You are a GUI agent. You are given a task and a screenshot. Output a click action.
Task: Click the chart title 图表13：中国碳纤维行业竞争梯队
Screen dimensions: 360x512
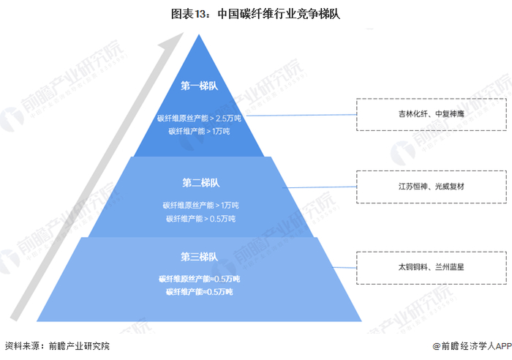point(255,13)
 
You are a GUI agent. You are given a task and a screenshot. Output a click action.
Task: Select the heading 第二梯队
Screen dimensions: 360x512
point(200,182)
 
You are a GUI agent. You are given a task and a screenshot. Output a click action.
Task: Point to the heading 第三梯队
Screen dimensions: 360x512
point(200,256)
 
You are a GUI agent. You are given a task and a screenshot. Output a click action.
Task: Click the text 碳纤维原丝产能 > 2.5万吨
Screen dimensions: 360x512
point(199,118)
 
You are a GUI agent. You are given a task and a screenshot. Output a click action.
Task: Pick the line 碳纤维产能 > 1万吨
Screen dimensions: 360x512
point(199,131)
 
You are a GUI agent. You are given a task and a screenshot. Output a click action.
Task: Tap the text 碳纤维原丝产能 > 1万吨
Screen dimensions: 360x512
point(200,204)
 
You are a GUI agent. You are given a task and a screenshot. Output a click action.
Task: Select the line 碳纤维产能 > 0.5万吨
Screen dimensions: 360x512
point(200,218)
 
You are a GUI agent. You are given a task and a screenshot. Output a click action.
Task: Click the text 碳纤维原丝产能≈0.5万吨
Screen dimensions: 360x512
point(199,279)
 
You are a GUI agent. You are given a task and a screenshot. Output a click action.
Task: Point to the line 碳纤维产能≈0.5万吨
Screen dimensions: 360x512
point(199,292)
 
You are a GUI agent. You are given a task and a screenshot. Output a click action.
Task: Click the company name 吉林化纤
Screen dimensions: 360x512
point(413,114)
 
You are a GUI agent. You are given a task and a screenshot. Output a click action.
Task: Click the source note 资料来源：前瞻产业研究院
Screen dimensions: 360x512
point(59,346)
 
